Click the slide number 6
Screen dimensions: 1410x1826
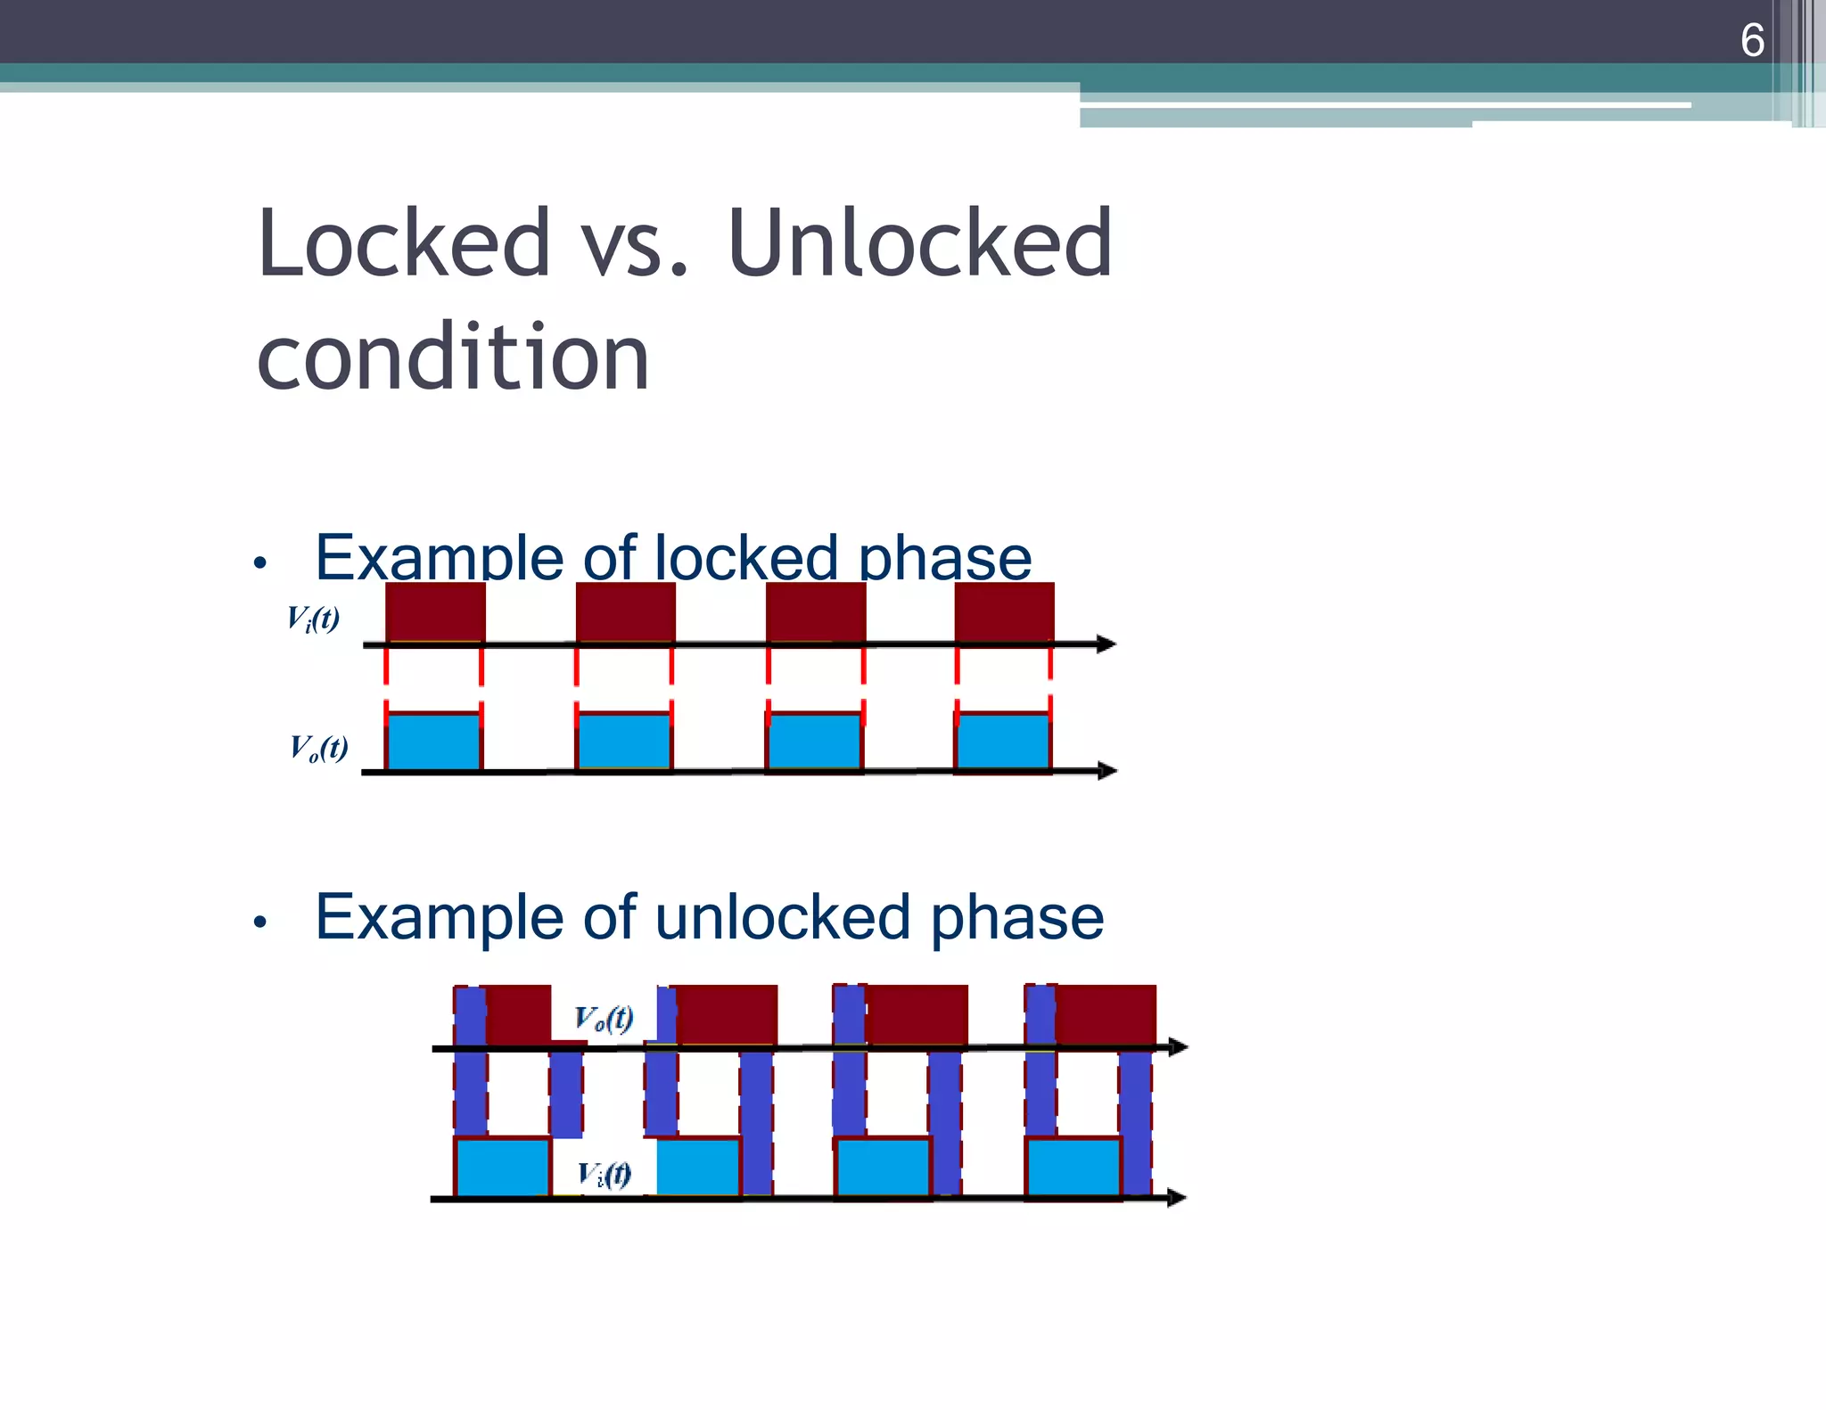pos(1751,41)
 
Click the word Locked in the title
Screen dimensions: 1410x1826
pos(403,242)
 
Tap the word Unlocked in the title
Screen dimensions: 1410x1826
pos(920,242)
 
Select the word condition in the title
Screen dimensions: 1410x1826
pos(453,357)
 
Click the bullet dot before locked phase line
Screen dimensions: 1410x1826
pos(259,562)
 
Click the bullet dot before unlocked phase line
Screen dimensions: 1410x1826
pos(259,922)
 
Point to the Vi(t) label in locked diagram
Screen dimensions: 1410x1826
pos(313,618)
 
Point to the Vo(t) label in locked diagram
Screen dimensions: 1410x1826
pos(318,747)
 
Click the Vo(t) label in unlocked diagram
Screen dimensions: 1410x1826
pos(604,1018)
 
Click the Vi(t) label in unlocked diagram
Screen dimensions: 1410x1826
pos(605,1174)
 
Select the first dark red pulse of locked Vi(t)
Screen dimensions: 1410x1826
pos(435,611)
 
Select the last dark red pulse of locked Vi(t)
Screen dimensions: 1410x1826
pos(1004,611)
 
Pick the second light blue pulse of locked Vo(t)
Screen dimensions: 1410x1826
pos(624,742)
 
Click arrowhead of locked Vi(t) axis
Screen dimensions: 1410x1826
pos(1106,644)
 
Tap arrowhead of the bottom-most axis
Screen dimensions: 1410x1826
pos(1176,1198)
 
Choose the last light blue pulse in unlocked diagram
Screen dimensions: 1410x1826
pos(1073,1167)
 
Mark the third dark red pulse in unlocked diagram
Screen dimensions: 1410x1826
pos(917,1014)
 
